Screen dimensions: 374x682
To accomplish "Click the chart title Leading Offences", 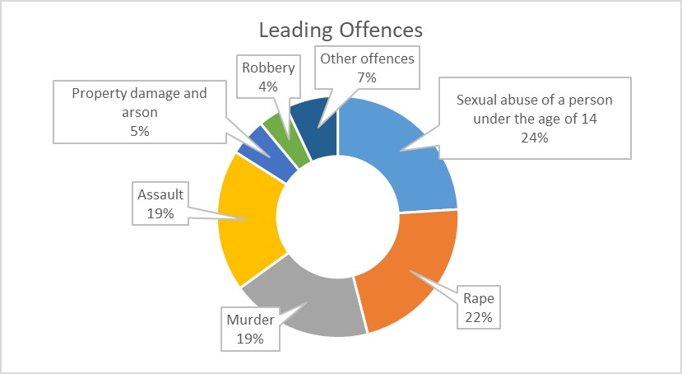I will [x=340, y=30].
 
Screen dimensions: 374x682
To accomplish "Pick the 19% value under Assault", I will [x=160, y=213].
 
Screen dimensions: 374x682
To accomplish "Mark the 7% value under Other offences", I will [x=367, y=78].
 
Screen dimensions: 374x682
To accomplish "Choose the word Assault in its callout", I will [x=160, y=195].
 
